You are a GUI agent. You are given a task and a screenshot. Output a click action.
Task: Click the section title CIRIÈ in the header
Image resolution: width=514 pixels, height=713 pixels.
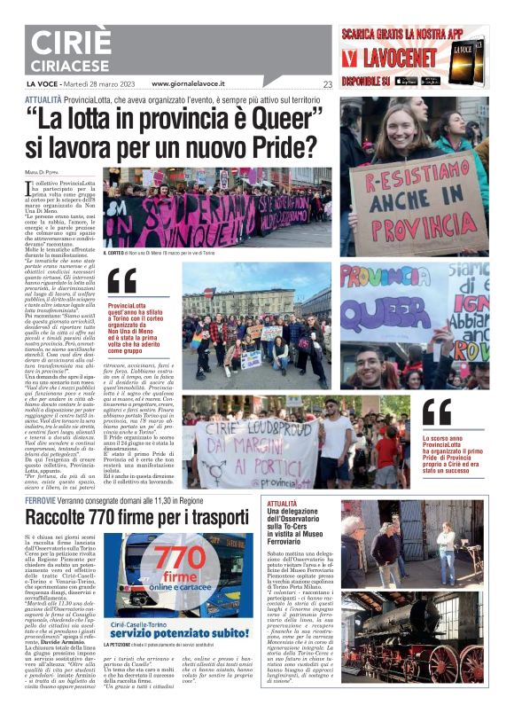(x=69, y=42)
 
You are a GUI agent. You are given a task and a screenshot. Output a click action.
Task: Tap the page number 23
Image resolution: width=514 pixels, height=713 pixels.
(x=328, y=84)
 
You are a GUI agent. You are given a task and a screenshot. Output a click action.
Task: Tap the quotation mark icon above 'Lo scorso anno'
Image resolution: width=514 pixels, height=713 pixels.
(x=437, y=411)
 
